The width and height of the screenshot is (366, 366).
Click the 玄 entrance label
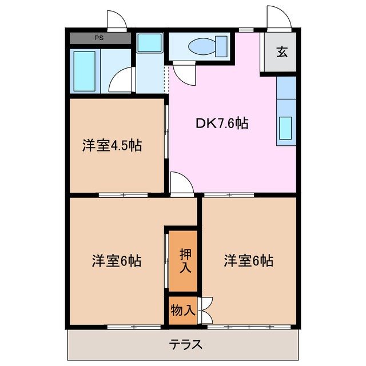tap(282, 51)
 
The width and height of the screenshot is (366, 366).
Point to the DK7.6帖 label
tap(223, 123)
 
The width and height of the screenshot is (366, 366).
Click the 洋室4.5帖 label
tap(112, 145)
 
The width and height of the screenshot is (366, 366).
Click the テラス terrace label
tap(185, 345)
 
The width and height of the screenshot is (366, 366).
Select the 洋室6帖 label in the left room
tap(117, 261)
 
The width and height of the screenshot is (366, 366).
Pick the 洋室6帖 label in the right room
tap(248, 261)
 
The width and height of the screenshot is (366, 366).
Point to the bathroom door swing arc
tap(122, 80)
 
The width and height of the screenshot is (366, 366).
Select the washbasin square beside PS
tap(150, 42)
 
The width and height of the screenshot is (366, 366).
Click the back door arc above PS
tap(116, 20)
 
